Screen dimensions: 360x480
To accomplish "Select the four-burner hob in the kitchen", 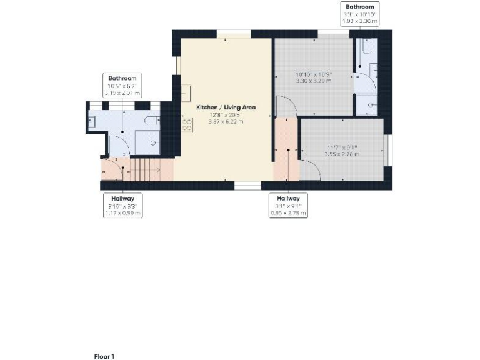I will [186, 125].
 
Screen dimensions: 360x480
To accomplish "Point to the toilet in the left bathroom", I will [150, 121].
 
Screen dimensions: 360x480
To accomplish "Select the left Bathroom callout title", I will [122, 78].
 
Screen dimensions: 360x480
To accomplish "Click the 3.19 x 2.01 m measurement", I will [122, 92].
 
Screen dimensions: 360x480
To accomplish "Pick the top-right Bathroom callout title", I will [360, 7].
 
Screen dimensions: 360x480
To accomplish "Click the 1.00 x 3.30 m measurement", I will [360, 21].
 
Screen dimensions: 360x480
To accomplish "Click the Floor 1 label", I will [104, 356].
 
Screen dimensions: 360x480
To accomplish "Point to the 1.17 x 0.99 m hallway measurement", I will [122, 212].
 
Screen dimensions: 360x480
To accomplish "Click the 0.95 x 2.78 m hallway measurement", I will [288, 212].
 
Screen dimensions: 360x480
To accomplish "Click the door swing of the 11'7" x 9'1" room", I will [309, 170].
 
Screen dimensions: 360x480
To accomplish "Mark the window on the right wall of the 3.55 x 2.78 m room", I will [387, 150].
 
